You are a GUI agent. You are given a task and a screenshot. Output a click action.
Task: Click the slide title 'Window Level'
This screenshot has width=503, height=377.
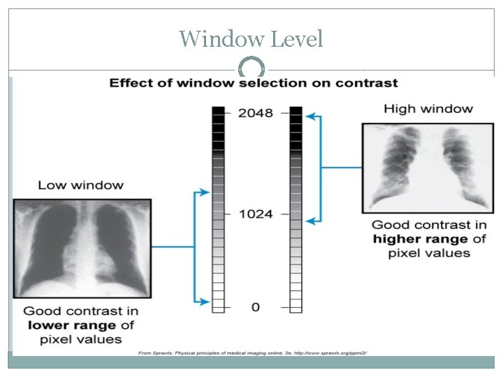coord(251,38)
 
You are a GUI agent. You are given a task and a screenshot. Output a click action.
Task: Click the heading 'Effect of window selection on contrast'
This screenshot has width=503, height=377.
coord(254,83)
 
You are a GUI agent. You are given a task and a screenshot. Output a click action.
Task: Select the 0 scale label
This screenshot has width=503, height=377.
coord(255,306)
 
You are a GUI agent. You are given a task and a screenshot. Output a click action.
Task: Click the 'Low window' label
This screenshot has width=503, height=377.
coord(80,185)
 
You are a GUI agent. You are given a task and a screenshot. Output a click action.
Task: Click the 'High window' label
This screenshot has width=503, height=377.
coord(428,108)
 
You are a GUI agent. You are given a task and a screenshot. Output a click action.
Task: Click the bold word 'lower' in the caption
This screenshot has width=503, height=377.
coord(47,325)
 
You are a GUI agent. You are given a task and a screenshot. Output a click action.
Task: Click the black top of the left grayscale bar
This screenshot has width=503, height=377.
coord(219,112)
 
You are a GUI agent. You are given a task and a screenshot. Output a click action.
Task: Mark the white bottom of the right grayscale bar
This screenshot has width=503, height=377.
coord(296,304)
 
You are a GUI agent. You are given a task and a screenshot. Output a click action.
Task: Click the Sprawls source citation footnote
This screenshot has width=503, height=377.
coord(251,353)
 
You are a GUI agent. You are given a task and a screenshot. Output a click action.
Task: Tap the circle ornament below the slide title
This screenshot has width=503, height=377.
coord(251,68)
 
